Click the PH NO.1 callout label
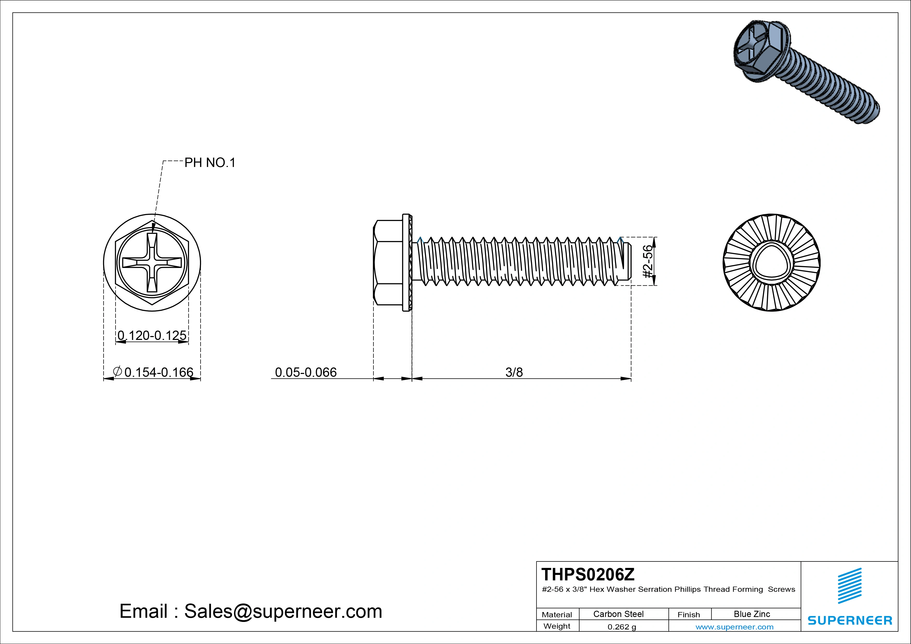click(210, 163)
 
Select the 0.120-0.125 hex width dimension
click(152, 336)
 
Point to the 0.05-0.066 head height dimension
click(305, 372)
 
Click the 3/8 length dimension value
click(514, 372)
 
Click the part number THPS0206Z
click(588, 575)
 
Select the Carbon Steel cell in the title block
click(618, 614)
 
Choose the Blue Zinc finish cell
click(752, 614)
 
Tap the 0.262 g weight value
click(622, 627)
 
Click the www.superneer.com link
click(734, 627)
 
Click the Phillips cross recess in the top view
click(152, 263)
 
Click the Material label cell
click(557, 615)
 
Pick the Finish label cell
click(688, 615)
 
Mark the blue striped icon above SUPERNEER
click(849, 586)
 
